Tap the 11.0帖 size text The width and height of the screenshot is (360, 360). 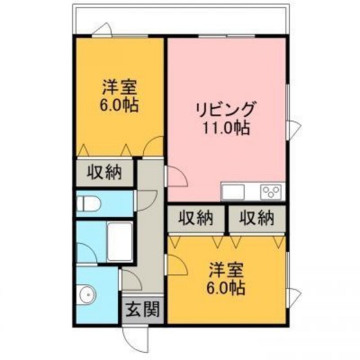tap(226, 127)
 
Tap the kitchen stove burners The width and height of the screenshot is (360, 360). tap(271, 191)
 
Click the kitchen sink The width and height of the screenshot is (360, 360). tap(232, 191)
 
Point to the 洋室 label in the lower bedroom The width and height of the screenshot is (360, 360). tap(226, 270)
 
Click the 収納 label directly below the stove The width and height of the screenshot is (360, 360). tap(257, 218)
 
